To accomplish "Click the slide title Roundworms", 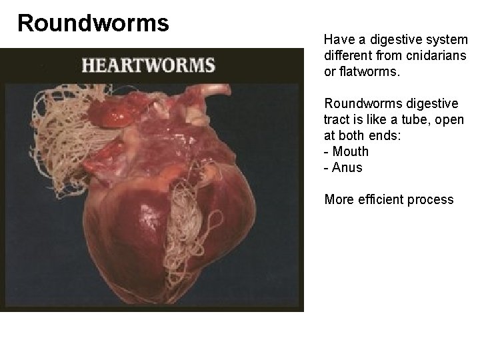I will [93, 23].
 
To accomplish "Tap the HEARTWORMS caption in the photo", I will [148, 66].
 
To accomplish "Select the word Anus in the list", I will [347, 167].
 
